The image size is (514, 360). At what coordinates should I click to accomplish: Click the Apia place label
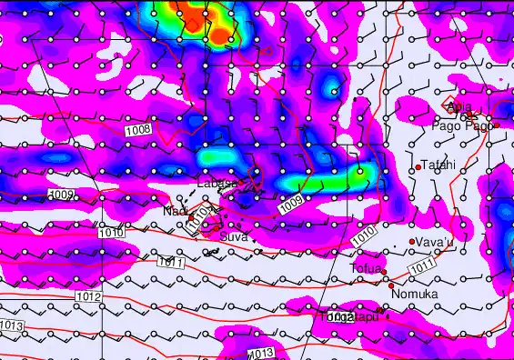point(460,108)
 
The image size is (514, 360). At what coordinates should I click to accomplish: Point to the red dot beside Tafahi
point(418,167)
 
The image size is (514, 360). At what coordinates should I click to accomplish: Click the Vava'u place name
point(435,242)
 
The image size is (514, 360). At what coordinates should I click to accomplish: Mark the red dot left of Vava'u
point(412,241)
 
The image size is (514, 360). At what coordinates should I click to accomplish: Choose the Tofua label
point(366,269)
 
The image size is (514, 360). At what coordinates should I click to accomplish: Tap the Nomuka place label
point(414,295)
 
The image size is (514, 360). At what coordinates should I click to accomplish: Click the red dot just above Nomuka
point(391,285)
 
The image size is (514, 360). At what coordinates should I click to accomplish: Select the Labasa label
point(217,185)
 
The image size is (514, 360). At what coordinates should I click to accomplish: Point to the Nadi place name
point(175,211)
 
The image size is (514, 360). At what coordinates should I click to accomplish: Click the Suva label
point(234,236)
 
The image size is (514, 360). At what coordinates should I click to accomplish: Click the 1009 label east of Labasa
point(290,205)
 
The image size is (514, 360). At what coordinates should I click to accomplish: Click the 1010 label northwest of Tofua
point(362,234)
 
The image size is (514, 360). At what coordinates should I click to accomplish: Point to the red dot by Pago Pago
point(497,124)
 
